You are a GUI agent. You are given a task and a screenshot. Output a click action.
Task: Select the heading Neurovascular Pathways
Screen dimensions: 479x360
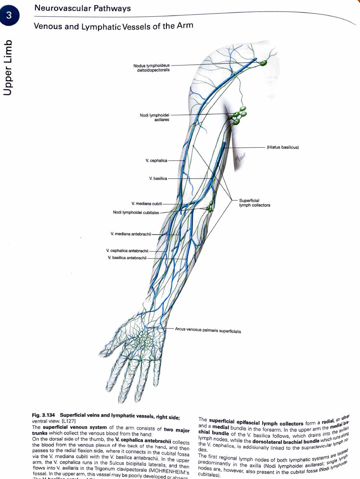pos(82,8)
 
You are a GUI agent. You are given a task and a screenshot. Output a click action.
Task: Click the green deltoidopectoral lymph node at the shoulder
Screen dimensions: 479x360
pos(263,63)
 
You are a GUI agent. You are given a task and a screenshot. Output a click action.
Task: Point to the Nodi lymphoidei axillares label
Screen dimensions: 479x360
pos(154,117)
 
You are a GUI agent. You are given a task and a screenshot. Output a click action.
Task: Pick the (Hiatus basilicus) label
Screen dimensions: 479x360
pos(283,147)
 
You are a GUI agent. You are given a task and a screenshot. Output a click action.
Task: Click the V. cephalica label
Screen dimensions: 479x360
pos(156,160)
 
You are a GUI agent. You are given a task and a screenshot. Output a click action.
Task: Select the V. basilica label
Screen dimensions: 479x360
pos(158,178)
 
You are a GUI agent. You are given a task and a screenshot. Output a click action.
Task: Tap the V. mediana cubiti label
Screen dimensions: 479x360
pos(146,204)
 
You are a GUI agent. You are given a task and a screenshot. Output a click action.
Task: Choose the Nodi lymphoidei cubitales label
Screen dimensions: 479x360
pos(136,212)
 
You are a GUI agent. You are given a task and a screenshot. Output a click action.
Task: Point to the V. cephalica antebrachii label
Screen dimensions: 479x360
pos(127,251)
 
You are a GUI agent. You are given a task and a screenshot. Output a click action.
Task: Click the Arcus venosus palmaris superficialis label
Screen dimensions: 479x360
pos(208,331)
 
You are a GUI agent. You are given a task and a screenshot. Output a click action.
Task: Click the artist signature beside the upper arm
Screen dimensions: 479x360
pos(239,160)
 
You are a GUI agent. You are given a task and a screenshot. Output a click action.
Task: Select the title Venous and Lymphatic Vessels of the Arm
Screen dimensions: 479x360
pos(113,26)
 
